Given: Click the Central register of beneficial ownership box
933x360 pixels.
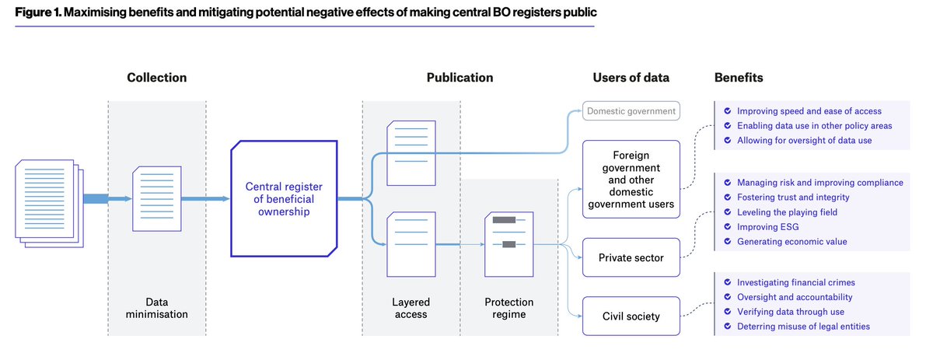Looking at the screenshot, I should (x=284, y=199).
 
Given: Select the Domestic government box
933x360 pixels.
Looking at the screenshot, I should (x=631, y=111).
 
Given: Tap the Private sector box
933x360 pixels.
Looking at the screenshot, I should (x=631, y=257).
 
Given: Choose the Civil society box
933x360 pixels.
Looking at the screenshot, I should (x=631, y=316).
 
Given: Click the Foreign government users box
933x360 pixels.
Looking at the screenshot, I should (x=631, y=180).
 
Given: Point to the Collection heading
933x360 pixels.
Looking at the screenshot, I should (x=157, y=78).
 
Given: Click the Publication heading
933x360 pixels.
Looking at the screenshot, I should (x=460, y=78).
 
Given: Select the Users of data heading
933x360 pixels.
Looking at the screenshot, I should (x=631, y=78).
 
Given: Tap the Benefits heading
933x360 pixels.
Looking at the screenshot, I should (x=738, y=78).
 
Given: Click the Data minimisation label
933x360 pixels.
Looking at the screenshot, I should (x=157, y=309).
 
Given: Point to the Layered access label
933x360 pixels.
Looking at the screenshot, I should (x=411, y=309).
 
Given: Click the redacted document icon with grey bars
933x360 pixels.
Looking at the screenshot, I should (x=508, y=244).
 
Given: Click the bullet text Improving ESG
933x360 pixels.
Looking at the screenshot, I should (x=767, y=227).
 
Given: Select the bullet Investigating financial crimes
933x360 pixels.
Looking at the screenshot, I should (x=795, y=283).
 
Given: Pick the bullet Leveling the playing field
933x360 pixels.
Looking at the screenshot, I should (x=787, y=212).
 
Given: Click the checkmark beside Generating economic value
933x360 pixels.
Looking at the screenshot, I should (x=726, y=242).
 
